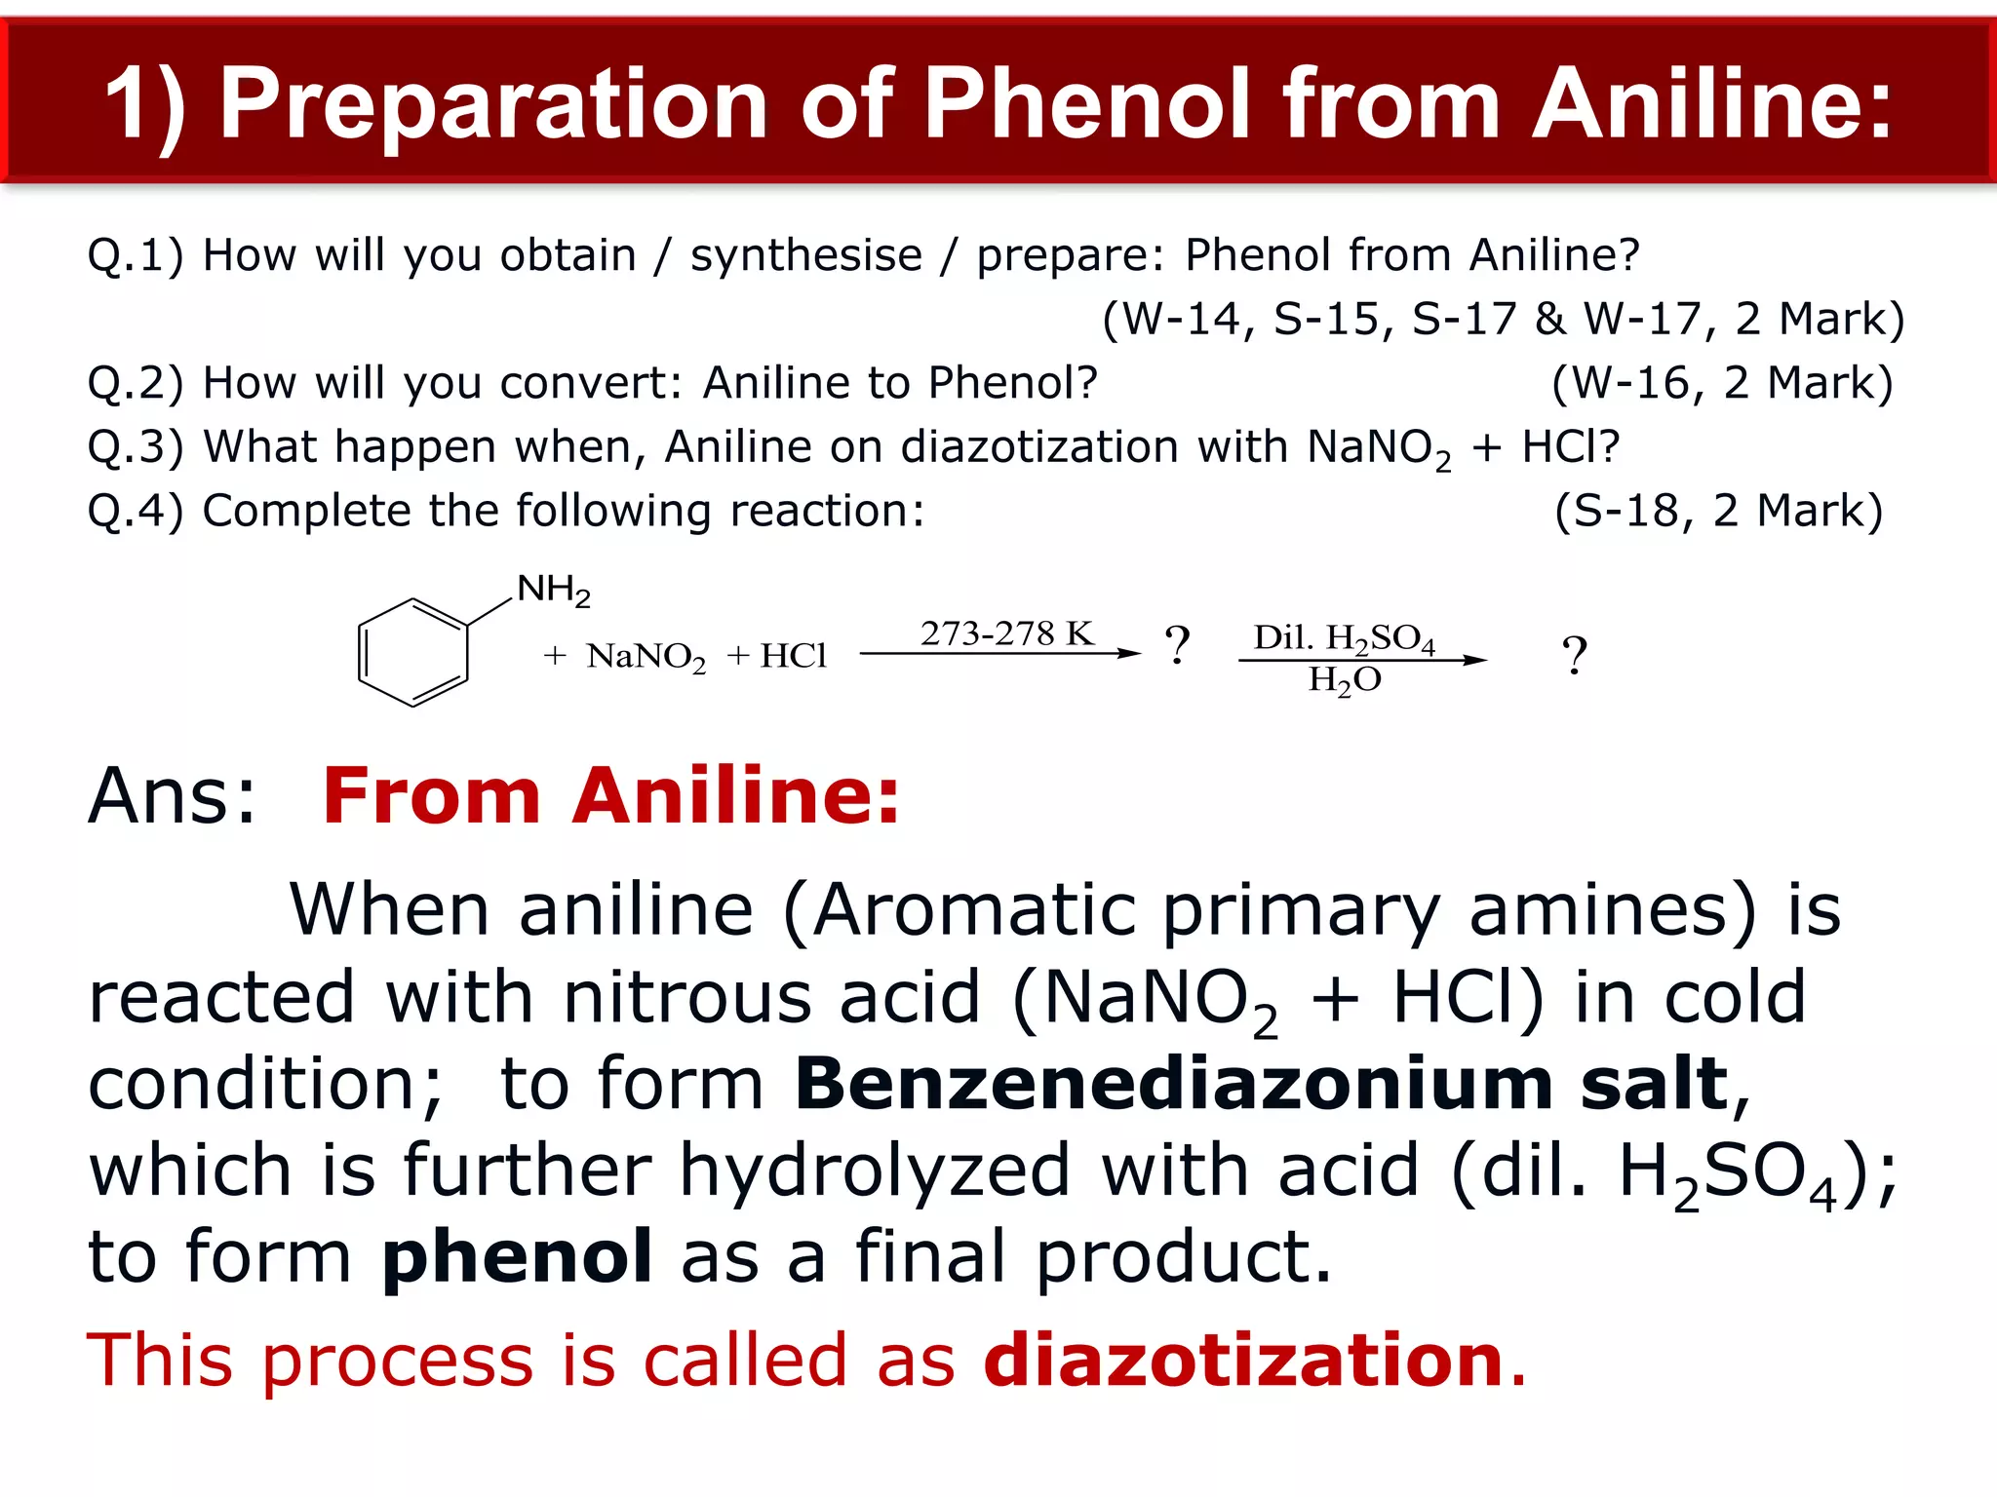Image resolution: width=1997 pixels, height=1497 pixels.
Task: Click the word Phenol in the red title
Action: tap(1087, 103)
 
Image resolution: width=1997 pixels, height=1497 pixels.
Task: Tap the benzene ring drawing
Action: tap(413, 652)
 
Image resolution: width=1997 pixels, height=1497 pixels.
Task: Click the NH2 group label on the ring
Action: tap(553, 590)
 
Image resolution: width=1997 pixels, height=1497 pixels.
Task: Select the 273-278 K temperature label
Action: tap(1006, 633)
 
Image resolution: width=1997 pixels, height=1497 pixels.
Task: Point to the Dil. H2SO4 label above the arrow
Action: tap(1344, 638)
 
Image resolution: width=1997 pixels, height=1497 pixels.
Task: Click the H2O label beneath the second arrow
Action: tap(1344, 680)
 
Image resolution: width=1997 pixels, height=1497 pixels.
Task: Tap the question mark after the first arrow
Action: tap(1177, 645)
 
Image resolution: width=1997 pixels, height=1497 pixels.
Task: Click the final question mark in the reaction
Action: tap(1574, 655)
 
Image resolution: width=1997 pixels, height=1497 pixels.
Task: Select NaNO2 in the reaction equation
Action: tap(646, 657)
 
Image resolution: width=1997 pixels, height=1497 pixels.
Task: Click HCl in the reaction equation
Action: tap(793, 656)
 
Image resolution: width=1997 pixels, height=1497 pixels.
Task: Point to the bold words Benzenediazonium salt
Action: tap(1263, 1084)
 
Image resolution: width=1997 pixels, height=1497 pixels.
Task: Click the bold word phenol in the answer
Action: tap(517, 1256)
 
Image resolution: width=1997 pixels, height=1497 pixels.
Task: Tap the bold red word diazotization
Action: tap(1243, 1360)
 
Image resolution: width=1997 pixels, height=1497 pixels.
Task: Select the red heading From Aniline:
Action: tap(610, 795)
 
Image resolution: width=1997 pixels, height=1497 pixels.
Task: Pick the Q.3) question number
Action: tap(136, 447)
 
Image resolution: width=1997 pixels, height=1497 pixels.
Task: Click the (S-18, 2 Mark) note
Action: tap(1718, 511)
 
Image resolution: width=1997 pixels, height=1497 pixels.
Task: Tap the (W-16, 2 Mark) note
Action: tap(1722, 383)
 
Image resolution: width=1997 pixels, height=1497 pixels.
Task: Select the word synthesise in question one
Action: tap(805, 255)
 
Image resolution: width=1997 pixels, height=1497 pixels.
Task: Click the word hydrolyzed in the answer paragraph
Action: tap(875, 1171)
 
